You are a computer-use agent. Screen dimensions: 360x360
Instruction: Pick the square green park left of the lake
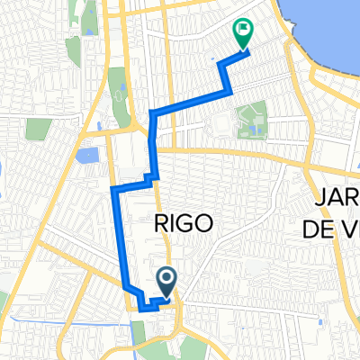[36, 130]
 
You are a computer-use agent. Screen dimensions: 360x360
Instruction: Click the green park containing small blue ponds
[249, 121]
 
